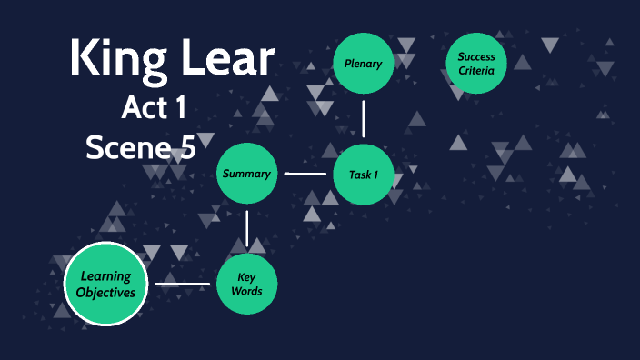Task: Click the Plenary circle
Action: pos(364,64)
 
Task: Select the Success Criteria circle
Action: pos(476,64)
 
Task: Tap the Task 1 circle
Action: pos(364,174)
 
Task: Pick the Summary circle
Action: pos(246,174)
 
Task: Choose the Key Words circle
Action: pos(246,285)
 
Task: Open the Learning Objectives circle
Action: pos(106,285)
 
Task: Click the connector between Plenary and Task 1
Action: pos(364,118)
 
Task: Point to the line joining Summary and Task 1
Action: pos(305,174)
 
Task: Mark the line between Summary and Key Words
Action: pos(246,229)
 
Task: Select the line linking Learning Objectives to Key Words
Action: pos(183,285)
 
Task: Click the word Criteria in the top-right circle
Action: pos(476,71)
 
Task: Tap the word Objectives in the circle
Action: pos(106,293)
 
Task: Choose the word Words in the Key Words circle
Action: pos(246,292)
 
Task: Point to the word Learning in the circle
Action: pos(106,276)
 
